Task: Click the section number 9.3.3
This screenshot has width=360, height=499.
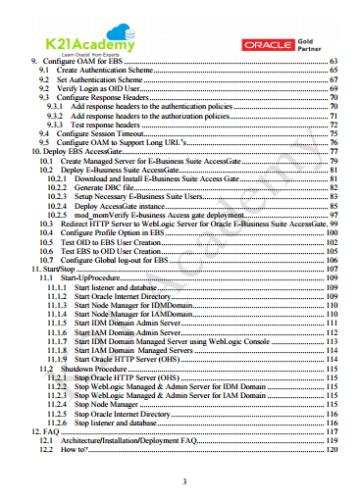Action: (56, 125)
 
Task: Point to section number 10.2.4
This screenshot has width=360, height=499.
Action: (57, 206)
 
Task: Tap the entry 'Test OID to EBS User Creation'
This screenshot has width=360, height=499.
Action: (109, 241)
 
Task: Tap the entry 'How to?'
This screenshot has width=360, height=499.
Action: (74, 448)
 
